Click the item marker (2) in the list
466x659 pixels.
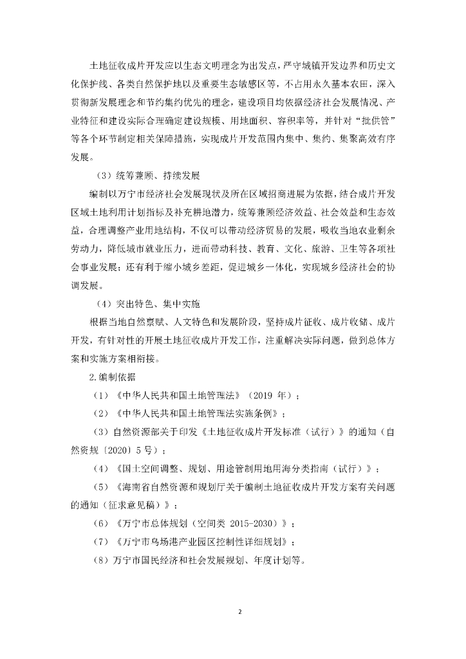[x=102, y=413]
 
